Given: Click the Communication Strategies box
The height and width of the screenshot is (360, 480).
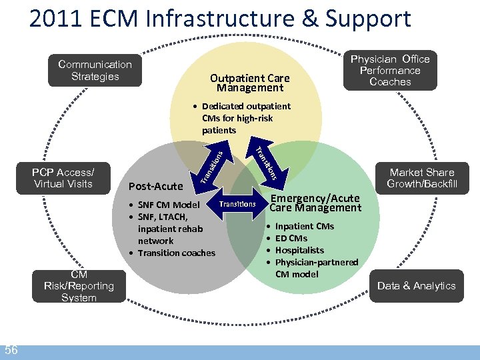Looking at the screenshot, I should [x=95, y=70].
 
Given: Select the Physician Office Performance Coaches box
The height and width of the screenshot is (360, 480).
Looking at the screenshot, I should [x=390, y=70].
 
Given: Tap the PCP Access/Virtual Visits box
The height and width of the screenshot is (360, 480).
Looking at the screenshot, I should [x=63, y=178].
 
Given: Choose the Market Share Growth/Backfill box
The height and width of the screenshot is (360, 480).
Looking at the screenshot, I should [x=421, y=178].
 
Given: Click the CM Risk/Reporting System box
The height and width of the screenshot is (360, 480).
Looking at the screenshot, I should [x=79, y=286].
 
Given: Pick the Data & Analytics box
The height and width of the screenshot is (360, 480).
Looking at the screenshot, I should [x=416, y=286].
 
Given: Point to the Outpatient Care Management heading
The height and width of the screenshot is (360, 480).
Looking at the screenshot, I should [x=249, y=83].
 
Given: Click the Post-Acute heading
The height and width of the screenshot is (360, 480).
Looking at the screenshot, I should [x=155, y=187].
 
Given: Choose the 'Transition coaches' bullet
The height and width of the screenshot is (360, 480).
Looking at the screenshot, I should [x=176, y=253].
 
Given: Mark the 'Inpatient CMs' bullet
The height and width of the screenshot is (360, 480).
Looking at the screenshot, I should [x=304, y=226].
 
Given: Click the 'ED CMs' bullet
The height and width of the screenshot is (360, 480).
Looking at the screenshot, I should [x=291, y=238].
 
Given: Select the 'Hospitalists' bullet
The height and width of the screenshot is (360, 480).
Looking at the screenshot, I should [x=299, y=250].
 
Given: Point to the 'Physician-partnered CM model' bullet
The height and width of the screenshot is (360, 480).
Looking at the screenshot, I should [x=316, y=268].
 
